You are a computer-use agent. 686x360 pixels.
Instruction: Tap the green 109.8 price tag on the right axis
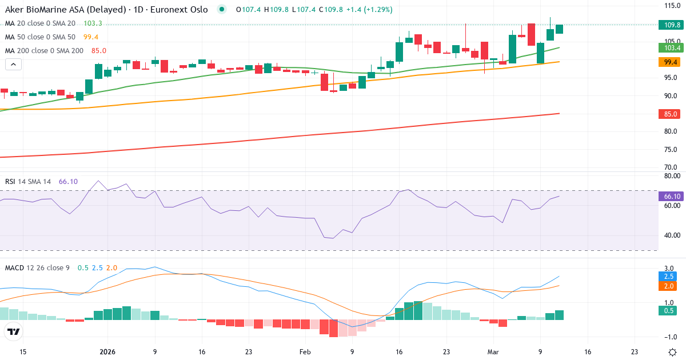coord(672,25)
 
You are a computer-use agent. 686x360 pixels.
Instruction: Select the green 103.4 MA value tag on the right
coord(672,48)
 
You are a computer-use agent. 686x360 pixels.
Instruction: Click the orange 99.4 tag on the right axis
coord(672,62)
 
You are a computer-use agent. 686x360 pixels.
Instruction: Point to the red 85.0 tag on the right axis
coord(672,114)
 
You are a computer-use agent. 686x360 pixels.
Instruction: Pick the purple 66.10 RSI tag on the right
coord(672,197)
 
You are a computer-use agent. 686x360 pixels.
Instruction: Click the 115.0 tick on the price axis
coord(672,5)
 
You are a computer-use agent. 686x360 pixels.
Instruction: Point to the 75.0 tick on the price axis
coord(672,150)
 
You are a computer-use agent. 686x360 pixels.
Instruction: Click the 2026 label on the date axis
coord(107,353)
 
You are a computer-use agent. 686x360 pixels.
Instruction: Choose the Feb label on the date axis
coord(304,353)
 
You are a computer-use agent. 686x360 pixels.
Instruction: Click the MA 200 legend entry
coord(45,50)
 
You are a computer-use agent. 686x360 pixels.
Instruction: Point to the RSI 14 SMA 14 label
coord(28,182)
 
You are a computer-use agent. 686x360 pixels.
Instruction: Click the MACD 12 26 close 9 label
coord(37,267)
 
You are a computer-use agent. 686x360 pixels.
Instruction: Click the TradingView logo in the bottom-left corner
coord(14,331)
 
